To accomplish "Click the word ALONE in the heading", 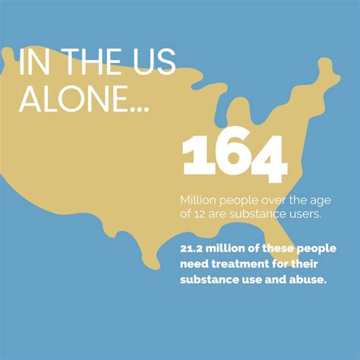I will (x=74, y=101).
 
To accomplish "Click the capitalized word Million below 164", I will (x=199, y=200).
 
